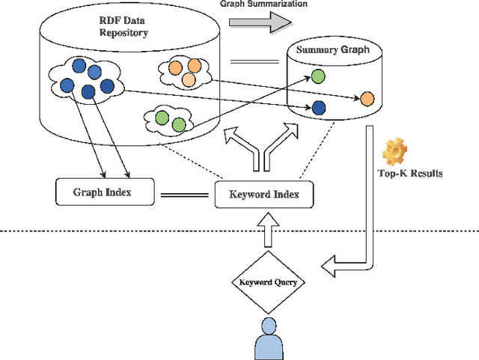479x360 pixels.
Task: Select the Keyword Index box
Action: tap(263, 195)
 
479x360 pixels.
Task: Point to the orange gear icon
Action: tap(394, 153)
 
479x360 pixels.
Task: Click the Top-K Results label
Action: tap(410, 174)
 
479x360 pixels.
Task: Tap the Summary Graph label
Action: tap(332, 50)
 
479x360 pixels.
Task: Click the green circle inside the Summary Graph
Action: tap(318, 76)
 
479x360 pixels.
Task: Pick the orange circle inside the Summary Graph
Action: tap(367, 98)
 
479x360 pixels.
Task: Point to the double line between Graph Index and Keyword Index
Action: tap(183, 195)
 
